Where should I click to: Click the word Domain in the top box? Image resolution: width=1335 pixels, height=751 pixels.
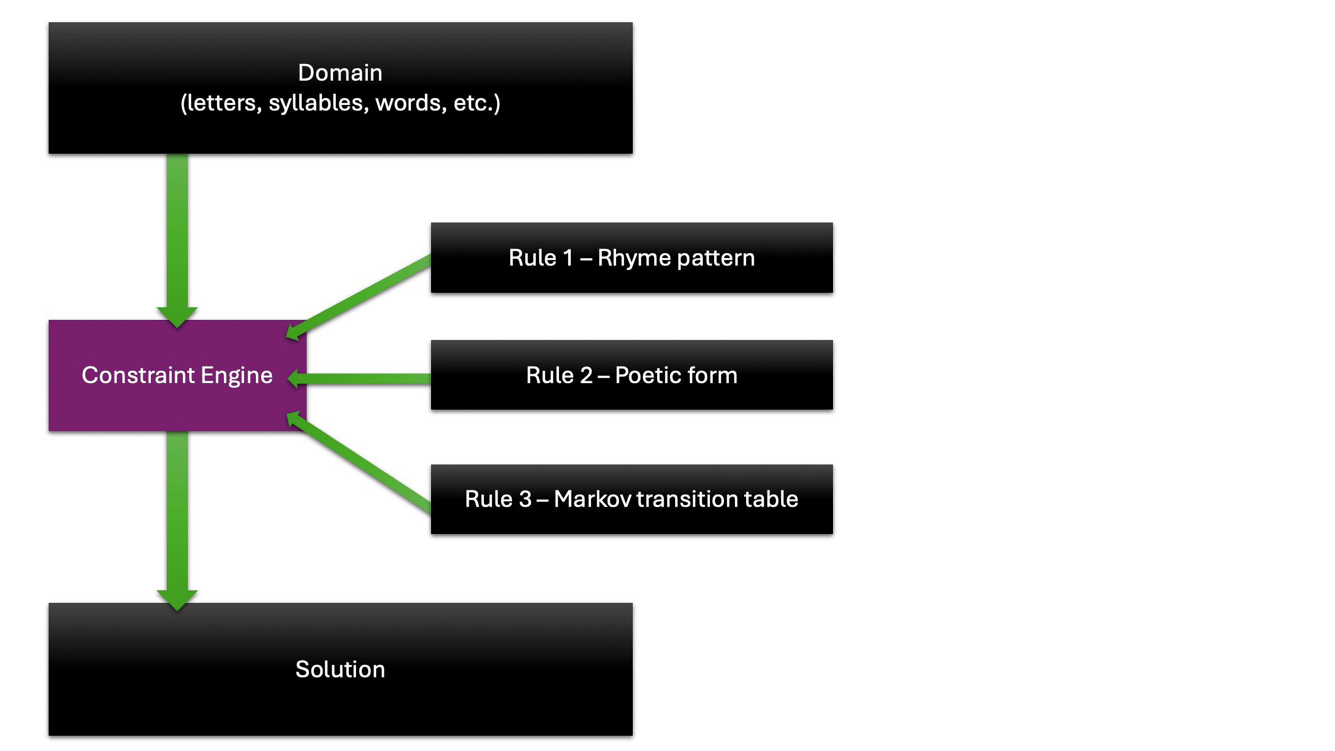click(340, 73)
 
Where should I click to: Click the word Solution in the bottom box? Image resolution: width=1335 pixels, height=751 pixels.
click(340, 669)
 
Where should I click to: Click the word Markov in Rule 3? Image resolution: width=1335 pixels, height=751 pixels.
click(592, 499)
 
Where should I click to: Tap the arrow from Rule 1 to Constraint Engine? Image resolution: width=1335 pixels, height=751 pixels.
click(363, 296)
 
